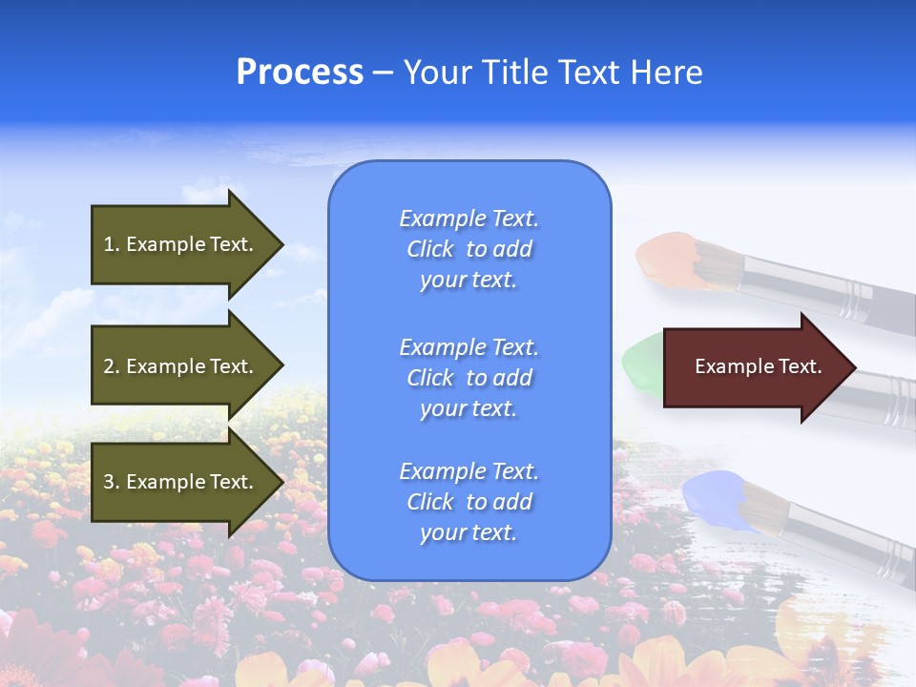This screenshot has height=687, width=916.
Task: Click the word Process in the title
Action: (300, 73)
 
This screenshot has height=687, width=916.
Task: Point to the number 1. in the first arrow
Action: (111, 244)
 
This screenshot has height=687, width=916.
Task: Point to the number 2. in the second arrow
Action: (111, 366)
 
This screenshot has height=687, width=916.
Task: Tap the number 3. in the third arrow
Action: (111, 482)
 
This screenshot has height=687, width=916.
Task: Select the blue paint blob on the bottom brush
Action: (711, 496)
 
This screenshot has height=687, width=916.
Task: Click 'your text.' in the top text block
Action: (468, 281)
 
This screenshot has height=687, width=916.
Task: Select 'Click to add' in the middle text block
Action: (468, 378)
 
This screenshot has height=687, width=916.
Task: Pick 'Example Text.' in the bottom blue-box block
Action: (468, 471)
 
